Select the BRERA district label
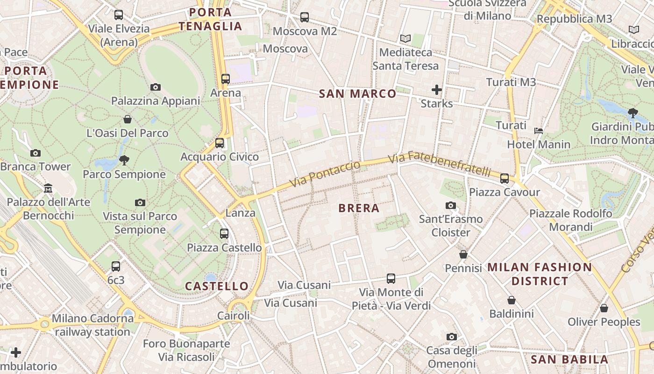[359, 208]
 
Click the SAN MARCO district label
[357, 93]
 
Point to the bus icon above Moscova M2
[305, 17]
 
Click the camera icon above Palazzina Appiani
[156, 87]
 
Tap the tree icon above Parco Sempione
[124, 160]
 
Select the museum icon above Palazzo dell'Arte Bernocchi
[48, 188]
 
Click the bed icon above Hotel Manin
[539, 130]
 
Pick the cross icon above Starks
[437, 89]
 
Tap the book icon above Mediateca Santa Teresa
[405, 38]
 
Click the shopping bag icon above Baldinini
[512, 300]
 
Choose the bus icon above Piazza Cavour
[505, 178]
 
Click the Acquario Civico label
[220, 157]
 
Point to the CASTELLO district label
[217, 286]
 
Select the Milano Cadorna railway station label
[92, 325]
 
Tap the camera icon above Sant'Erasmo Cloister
[451, 205]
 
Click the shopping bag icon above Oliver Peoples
[604, 308]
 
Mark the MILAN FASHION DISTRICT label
[540, 274]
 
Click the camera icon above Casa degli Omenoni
[451, 337]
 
